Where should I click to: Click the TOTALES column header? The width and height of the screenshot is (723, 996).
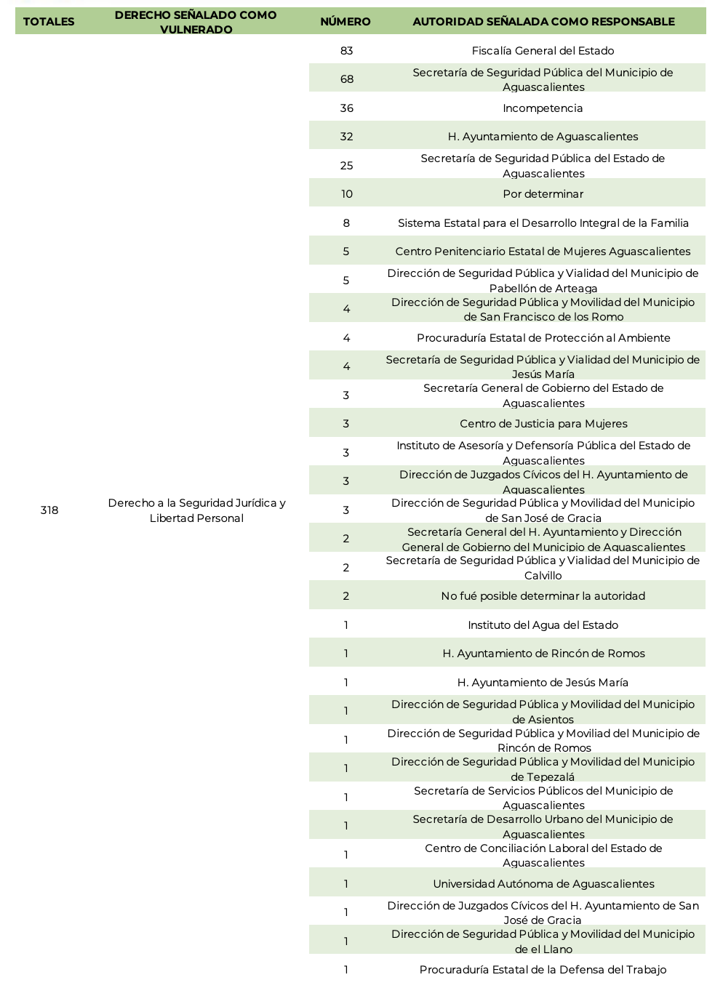(49, 22)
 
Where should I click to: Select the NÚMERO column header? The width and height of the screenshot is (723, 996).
(345, 22)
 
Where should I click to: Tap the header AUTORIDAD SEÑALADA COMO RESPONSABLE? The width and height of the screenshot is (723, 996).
(543, 22)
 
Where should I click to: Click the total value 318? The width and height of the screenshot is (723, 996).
(49, 510)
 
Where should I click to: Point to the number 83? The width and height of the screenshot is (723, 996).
(346, 51)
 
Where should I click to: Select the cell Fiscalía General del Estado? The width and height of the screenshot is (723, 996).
(543, 51)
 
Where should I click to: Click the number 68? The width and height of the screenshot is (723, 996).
(347, 79)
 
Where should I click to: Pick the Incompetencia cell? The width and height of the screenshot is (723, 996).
(543, 108)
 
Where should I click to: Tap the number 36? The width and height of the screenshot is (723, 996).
(347, 108)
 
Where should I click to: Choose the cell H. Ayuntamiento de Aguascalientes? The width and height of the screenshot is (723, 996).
(543, 137)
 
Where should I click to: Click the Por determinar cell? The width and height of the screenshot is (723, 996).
(543, 194)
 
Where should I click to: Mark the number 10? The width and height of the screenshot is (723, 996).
(347, 194)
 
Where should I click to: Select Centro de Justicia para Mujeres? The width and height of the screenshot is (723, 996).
(543, 424)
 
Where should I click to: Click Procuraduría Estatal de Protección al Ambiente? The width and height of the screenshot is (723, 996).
(543, 338)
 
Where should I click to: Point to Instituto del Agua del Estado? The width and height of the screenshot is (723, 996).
(543, 625)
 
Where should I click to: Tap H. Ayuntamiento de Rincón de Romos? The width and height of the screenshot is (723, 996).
(543, 654)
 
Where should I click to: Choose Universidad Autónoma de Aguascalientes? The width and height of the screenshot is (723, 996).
(543, 884)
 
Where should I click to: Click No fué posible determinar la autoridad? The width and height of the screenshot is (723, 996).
(543, 596)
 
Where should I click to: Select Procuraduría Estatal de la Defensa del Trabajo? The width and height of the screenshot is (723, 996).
(543, 970)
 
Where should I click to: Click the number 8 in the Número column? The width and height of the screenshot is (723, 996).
(346, 223)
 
